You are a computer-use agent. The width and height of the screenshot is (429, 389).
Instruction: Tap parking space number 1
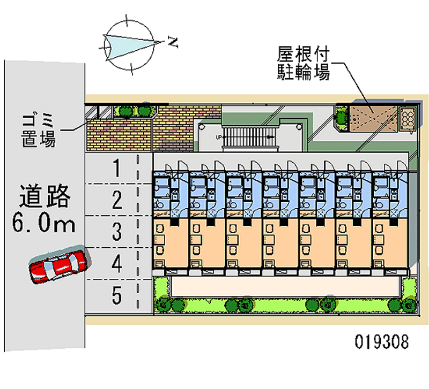(x=116, y=169)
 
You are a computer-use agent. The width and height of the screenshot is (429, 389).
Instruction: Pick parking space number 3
(x=116, y=232)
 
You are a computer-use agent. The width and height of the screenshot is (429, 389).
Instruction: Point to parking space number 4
(x=116, y=263)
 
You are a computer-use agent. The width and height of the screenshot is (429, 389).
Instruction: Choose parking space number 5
(x=116, y=294)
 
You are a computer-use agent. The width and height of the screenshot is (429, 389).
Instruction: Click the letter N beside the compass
(x=172, y=41)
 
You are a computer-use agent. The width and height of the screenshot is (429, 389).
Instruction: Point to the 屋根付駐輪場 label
(x=302, y=63)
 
